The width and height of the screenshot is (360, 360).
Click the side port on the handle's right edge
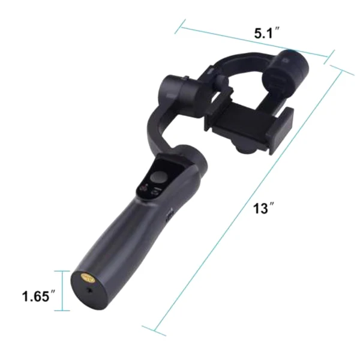point(170,212)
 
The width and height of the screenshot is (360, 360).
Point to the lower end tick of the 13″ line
point(154,329)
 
